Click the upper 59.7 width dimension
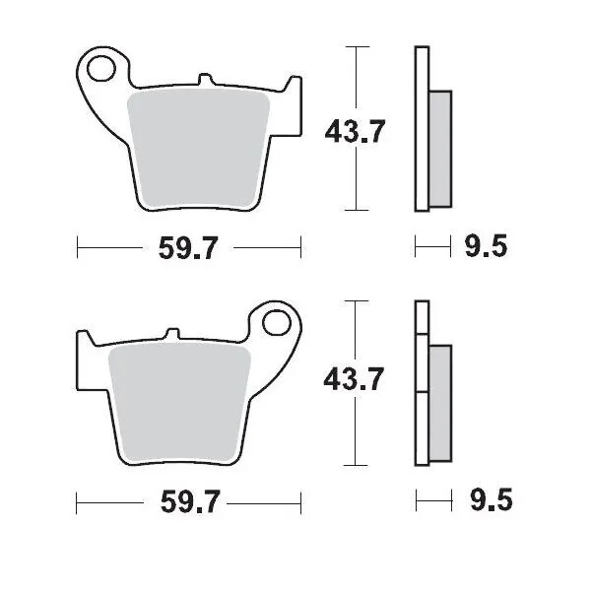click(187, 249)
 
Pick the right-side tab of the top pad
click(294, 98)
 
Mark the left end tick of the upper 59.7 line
click(77, 249)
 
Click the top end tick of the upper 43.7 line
click(355, 45)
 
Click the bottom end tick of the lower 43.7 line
click(355, 465)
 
